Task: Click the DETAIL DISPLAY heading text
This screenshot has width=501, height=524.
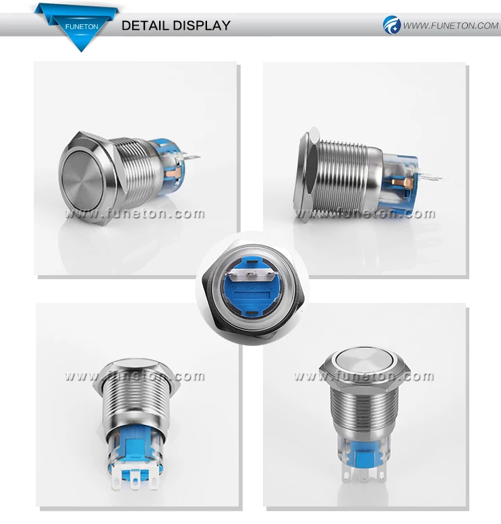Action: [x=175, y=26]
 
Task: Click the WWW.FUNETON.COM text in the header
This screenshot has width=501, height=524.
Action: [x=450, y=26]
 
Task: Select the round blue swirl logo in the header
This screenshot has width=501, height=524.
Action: [x=392, y=26]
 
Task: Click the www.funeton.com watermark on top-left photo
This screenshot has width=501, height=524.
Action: [x=135, y=214]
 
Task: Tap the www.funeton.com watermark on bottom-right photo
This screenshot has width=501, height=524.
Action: [x=364, y=376]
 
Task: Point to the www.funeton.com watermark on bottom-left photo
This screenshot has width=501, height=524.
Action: [x=135, y=376]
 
